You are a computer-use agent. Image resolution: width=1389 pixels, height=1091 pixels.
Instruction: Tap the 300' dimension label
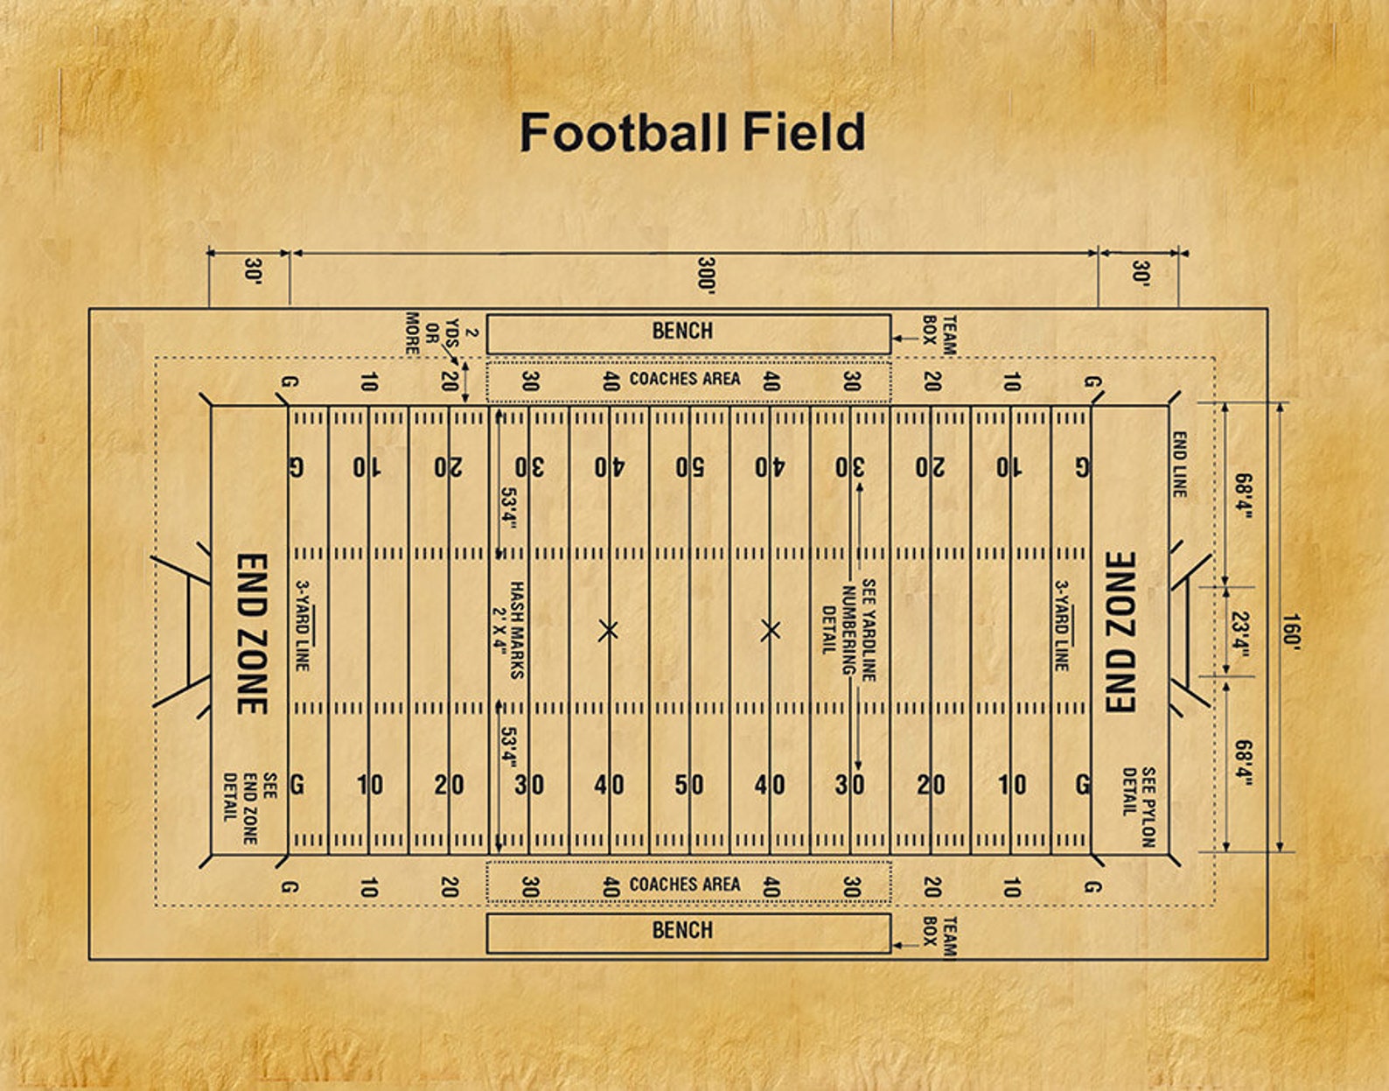pos(707,275)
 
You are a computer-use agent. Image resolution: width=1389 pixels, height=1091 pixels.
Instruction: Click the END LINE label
pos(1179,465)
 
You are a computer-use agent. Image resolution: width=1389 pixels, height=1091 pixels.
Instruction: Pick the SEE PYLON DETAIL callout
pos(1139,807)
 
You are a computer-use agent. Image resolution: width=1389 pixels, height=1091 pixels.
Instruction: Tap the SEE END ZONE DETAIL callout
pos(250,808)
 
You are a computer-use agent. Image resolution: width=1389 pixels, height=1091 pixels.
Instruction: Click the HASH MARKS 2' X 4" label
pos(509,630)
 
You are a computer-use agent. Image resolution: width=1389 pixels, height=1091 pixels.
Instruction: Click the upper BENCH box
pos(688,333)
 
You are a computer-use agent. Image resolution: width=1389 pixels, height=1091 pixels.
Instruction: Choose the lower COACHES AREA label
pos(685,885)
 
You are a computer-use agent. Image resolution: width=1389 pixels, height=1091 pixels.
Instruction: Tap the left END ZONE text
pos(253,633)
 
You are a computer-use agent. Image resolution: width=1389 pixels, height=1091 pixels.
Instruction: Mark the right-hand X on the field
pos(770,630)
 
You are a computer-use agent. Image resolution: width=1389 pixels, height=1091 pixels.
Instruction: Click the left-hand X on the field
pos(609,630)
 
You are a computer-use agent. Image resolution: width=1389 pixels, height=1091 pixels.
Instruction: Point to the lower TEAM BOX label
pos(939,936)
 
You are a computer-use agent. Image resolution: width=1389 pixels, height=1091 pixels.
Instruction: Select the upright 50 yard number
pos(688,785)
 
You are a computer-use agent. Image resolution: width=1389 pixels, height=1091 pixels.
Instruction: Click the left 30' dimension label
pos(253,271)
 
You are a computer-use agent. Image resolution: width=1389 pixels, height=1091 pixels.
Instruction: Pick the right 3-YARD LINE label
pos(1061,626)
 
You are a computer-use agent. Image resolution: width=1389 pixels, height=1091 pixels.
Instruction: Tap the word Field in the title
pos(804,133)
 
